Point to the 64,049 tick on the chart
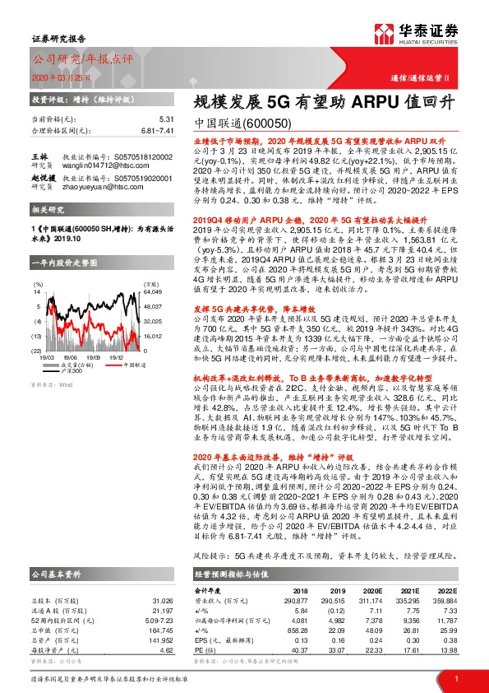tap(152, 291)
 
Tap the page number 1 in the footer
tap(456, 678)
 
